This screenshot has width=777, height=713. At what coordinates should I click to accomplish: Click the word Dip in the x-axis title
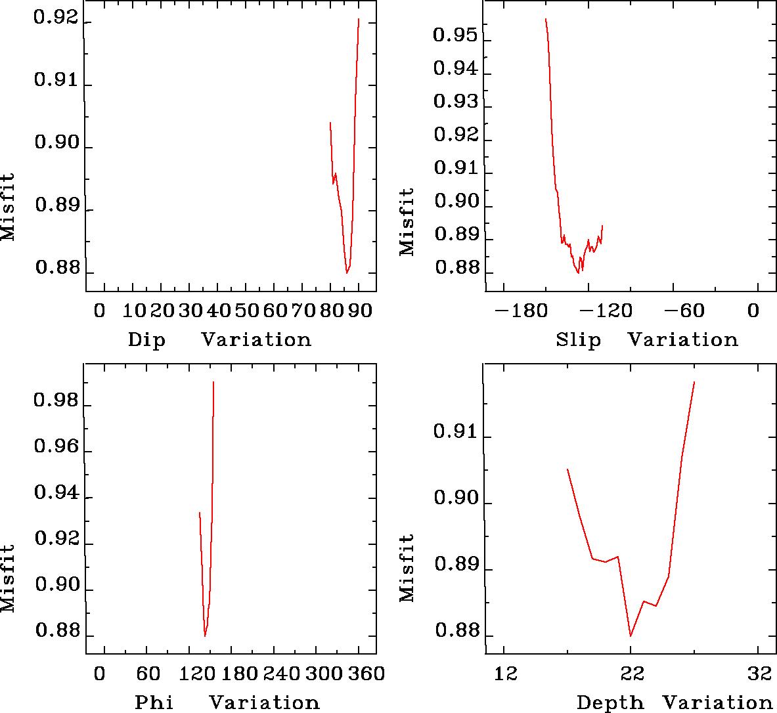(146, 340)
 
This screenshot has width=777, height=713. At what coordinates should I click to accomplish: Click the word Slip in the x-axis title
(578, 340)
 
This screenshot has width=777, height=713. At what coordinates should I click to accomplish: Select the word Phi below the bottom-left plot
(154, 702)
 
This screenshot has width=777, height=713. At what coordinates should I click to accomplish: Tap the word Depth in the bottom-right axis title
(610, 702)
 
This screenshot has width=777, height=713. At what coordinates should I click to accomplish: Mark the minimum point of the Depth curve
(631, 636)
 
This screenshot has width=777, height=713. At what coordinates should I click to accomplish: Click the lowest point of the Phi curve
(205, 636)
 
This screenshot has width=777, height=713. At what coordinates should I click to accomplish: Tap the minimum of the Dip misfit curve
(347, 272)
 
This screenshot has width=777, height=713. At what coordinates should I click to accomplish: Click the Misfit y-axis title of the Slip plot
(407, 222)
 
